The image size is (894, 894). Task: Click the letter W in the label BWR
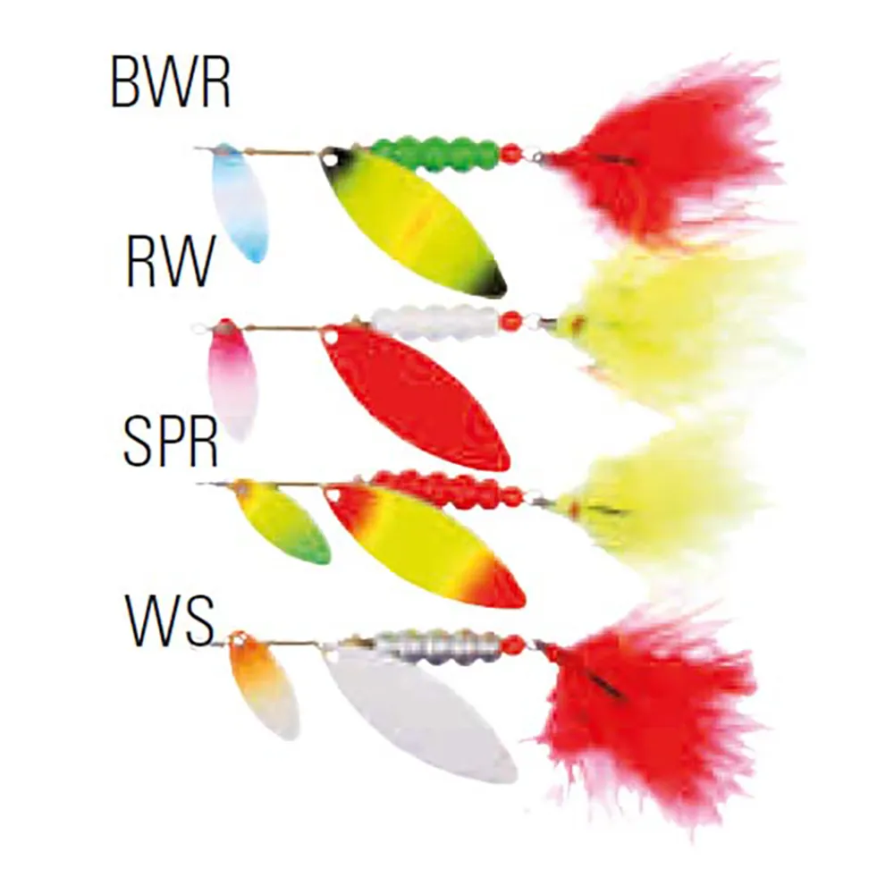[169, 82]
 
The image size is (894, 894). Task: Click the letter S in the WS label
[198, 621]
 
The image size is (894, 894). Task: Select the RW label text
[170, 262]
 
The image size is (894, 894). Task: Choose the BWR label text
[171, 82]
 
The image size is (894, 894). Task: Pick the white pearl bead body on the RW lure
[435, 322]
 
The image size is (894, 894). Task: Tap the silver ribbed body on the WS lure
[438, 647]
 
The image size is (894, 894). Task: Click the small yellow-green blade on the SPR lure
[282, 523]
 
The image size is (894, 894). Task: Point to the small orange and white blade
[263, 686]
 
